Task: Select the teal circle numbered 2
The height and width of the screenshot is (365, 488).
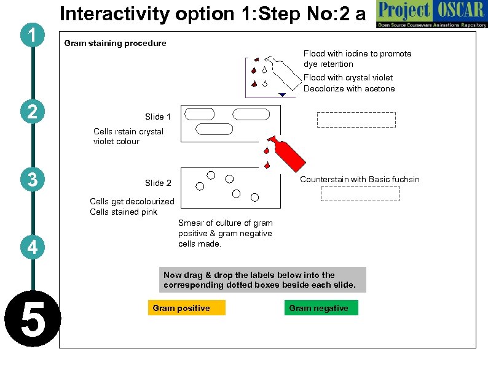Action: click(x=31, y=112)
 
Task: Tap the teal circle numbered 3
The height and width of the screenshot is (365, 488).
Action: click(x=31, y=180)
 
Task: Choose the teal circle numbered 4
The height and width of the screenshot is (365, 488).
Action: click(x=31, y=248)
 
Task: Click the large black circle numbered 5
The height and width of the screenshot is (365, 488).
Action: click(x=31, y=318)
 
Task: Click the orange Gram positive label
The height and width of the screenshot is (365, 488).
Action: click(x=187, y=308)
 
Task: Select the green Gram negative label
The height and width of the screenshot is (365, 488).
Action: click(x=320, y=308)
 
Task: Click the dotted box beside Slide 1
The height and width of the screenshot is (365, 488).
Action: click(x=356, y=120)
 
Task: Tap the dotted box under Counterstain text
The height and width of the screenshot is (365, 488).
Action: click(x=360, y=193)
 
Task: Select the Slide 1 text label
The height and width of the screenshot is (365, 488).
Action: click(x=158, y=117)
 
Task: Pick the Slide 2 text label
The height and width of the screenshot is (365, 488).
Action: click(x=158, y=183)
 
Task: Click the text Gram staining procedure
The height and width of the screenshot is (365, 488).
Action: click(x=115, y=43)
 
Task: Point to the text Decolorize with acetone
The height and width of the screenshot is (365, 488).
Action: click(x=349, y=89)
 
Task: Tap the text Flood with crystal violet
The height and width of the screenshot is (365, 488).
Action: click(x=348, y=77)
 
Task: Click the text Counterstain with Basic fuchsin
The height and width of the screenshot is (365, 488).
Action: click(x=360, y=179)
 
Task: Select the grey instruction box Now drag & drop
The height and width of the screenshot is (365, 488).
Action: click(x=264, y=280)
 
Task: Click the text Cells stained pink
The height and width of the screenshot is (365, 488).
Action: click(x=124, y=212)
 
